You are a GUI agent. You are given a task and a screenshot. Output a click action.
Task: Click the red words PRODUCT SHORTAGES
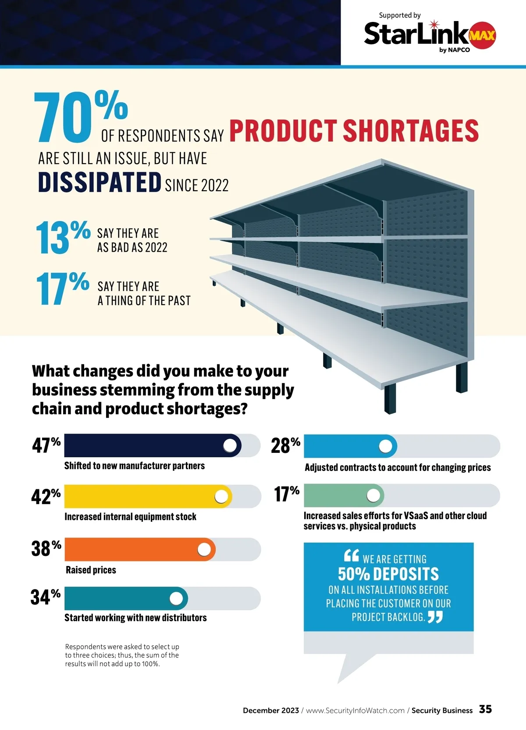pos(354,131)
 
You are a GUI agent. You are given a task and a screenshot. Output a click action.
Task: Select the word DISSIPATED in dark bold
pos(100,182)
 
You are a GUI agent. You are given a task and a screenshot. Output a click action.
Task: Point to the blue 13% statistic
pos(62,237)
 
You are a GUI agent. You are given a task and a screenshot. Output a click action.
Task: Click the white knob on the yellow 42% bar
pos(221,496)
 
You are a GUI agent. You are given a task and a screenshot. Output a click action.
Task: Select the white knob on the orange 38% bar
pos(204,549)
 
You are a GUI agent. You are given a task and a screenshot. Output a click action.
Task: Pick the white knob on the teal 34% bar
pos(176,598)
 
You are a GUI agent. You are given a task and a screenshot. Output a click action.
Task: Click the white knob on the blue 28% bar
pos(386,446)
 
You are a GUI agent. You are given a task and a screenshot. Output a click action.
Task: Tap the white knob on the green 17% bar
pos(373,495)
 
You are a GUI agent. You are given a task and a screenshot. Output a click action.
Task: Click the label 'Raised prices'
pos(91,570)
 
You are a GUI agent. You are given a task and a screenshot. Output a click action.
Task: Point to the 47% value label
pos(46,445)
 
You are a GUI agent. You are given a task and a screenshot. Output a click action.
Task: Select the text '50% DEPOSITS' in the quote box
pos(388,574)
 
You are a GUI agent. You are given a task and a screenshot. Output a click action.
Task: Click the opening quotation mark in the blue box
pos(352,556)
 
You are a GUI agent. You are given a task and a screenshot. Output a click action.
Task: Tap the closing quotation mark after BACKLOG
pos(435,617)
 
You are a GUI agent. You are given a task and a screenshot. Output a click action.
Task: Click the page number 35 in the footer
pos(485,709)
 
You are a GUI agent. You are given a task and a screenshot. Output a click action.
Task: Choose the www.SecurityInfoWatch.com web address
pos(355,711)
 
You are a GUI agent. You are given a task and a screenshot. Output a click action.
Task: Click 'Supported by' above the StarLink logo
pos(400,15)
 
